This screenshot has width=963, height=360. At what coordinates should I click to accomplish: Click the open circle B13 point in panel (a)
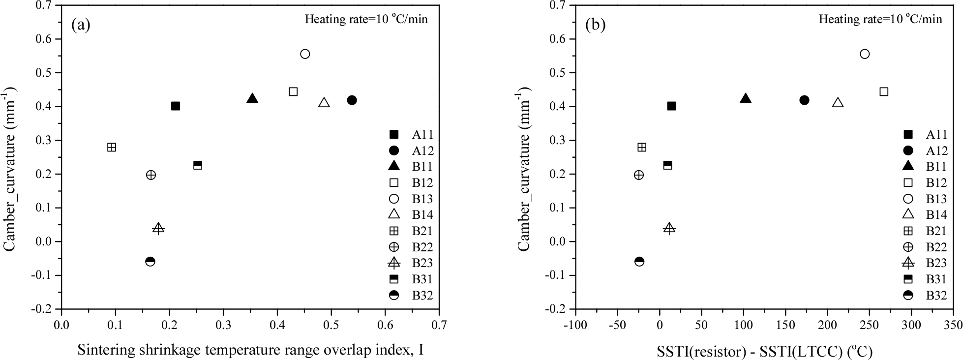tap(305, 54)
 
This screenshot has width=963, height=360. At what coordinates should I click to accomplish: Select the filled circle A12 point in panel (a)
tap(352, 100)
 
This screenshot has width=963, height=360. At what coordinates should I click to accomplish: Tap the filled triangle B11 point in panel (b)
tap(746, 99)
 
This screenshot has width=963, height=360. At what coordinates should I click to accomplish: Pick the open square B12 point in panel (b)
tap(884, 91)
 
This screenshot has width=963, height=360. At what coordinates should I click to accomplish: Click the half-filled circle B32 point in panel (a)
tap(150, 261)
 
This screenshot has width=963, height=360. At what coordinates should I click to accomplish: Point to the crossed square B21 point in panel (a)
tap(112, 147)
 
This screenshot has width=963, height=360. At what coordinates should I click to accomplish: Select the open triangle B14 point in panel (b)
tap(838, 103)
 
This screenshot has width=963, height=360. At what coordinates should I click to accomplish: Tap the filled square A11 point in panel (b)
tap(671, 106)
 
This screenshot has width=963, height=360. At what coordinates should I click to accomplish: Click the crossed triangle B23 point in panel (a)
tap(158, 228)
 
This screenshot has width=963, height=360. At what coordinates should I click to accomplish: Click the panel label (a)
tap(81, 25)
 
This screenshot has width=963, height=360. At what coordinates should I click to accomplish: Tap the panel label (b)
tap(595, 25)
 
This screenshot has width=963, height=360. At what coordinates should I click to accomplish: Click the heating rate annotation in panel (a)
tap(366, 19)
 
